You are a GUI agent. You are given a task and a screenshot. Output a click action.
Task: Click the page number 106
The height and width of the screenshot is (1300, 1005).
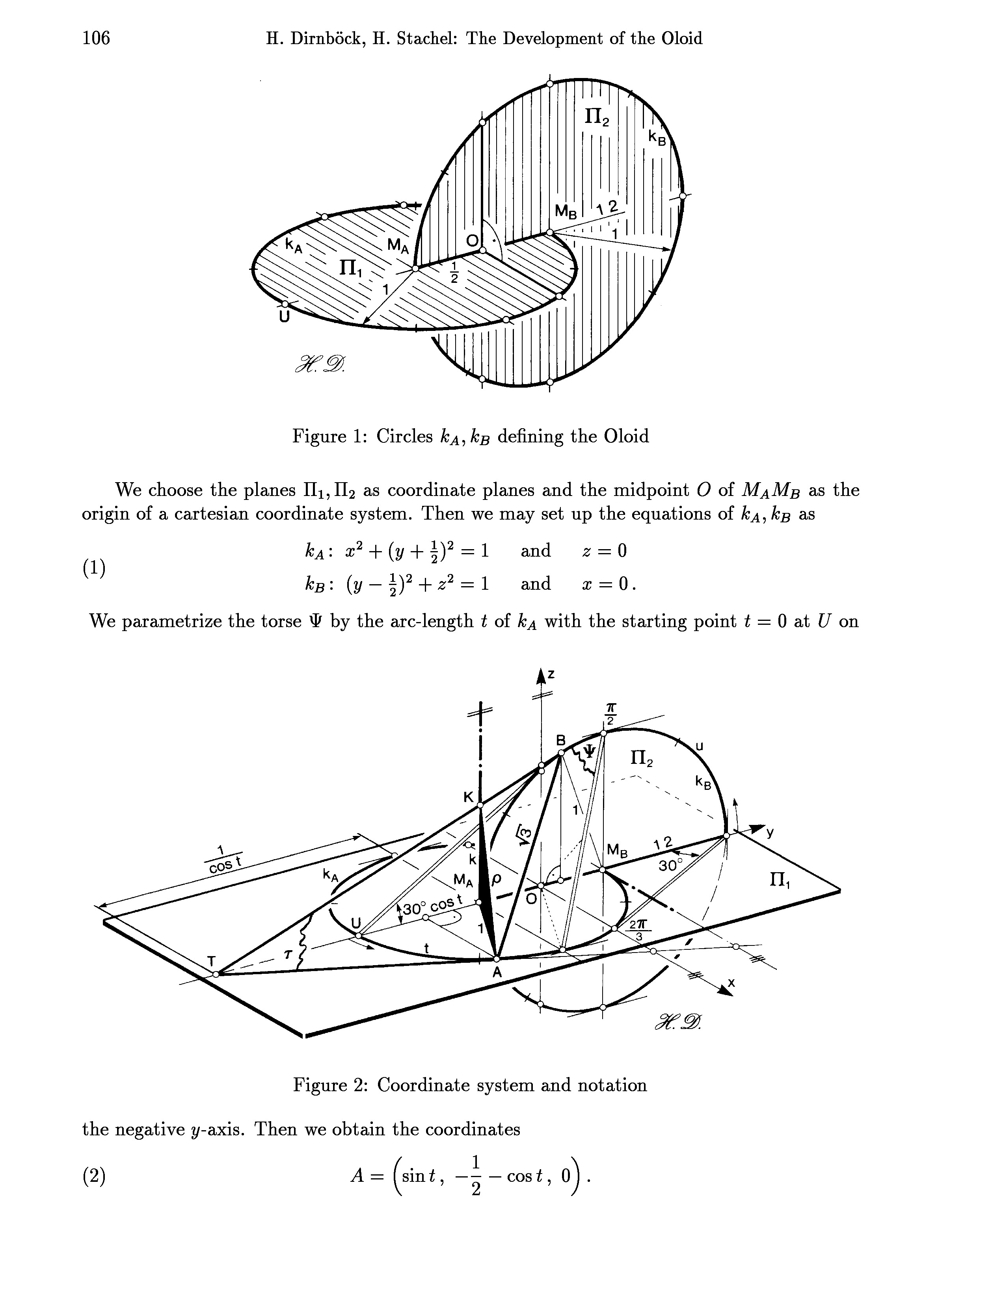coord(97,38)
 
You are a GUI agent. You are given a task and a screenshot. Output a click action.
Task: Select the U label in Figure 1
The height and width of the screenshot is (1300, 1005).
coord(284,317)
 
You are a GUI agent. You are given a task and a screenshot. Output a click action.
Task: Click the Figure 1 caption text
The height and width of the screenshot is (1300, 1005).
coord(470,436)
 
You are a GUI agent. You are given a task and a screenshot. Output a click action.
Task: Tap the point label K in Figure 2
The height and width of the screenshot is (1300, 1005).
coord(469,797)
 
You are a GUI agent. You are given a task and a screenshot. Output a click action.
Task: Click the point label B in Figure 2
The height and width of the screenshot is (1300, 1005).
coord(560,740)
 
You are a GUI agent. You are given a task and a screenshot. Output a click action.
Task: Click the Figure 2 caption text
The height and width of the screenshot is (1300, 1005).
coord(470,1085)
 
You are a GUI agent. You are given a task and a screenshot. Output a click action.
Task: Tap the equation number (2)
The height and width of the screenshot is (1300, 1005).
coord(94,1176)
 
